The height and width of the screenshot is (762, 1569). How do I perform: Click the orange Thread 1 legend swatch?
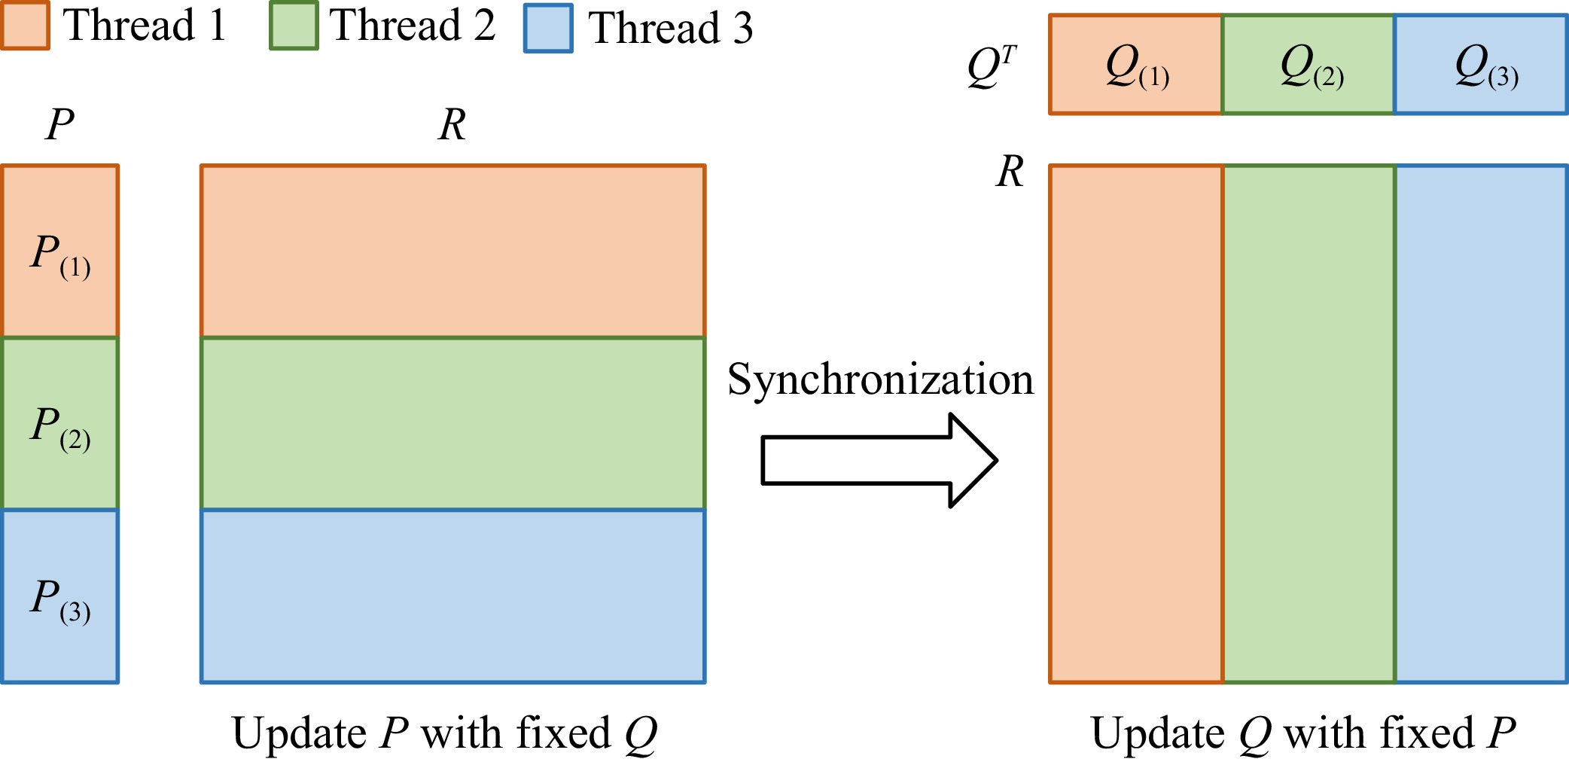(26, 26)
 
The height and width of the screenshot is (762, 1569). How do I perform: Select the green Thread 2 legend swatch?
(294, 26)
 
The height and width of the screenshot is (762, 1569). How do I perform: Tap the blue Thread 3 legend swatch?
(548, 28)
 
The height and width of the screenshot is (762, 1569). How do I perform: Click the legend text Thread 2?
(413, 26)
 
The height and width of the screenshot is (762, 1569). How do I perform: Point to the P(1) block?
(60, 251)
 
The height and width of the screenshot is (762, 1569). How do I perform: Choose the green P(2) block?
(60, 424)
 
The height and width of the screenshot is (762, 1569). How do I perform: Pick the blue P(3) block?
(60, 596)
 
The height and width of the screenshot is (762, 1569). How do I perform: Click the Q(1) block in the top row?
(1135, 65)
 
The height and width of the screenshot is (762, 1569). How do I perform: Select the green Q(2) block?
(1309, 65)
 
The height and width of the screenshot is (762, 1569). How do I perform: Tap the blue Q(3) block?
(1482, 65)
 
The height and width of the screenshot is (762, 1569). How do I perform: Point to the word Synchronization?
(880, 379)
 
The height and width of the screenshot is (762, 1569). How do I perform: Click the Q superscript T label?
(992, 66)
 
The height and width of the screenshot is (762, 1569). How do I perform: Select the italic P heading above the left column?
(59, 124)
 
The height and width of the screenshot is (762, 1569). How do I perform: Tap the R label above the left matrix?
(452, 125)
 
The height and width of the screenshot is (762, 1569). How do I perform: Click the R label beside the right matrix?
(1010, 172)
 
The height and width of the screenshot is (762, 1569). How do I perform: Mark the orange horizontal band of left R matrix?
(453, 251)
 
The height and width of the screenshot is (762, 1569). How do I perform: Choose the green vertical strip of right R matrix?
(1309, 424)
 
